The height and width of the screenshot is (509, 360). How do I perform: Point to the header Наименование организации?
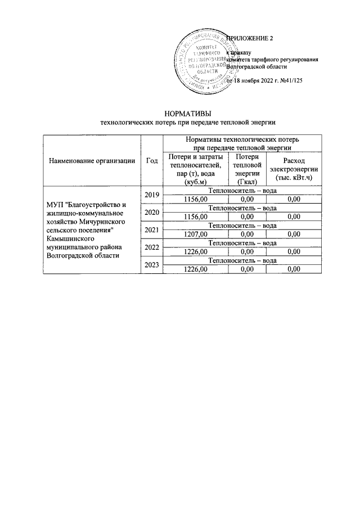(x=93, y=161)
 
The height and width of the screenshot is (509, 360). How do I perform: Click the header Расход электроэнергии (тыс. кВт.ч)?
(x=294, y=169)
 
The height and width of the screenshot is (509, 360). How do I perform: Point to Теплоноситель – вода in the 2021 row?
(x=242, y=226)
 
